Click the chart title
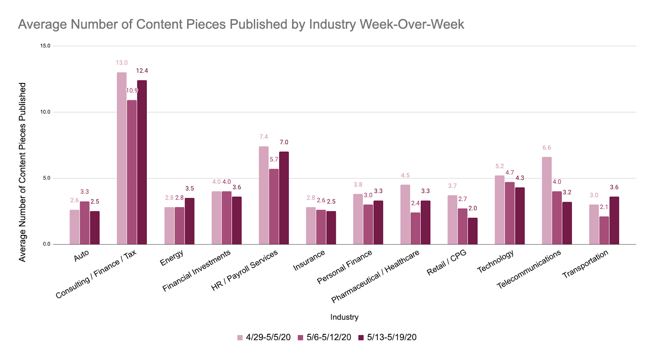tap(241, 25)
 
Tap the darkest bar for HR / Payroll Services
tap(284, 198)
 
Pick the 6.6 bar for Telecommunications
tap(546, 201)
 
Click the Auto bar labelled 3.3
tap(85, 223)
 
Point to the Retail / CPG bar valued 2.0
tap(473, 231)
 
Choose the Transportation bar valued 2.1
tap(604, 230)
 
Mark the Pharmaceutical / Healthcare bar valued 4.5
tap(405, 215)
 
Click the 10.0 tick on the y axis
tap(45, 112)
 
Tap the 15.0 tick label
tap(45, 46)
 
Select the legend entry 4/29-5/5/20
tap(264, 338)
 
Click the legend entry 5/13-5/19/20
tap(387, 338)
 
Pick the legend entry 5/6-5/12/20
tap(325, 338)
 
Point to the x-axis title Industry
tap(344, 317)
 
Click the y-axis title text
tap(22, 172)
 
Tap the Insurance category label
tap(309, 260)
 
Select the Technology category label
tap(495, 262)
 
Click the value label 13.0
tap(121, 63)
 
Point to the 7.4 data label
tap(264, 137)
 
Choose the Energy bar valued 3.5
tap(190, 221)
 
